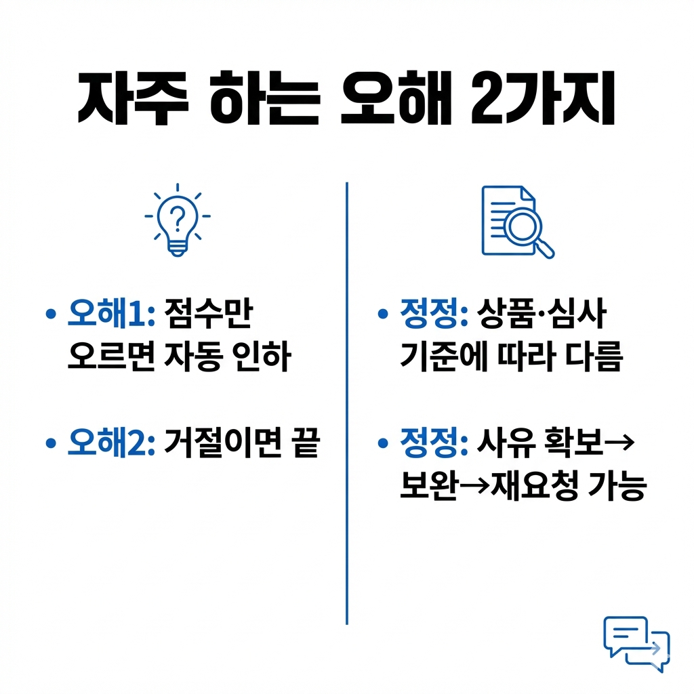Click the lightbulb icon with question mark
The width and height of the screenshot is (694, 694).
pos(177,220)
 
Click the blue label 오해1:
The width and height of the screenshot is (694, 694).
pos(113,314)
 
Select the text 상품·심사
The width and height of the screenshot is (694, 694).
pos(542,314)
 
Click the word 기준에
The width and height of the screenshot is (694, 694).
pos(438,357)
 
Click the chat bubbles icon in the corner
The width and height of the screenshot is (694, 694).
pos(636,643)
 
